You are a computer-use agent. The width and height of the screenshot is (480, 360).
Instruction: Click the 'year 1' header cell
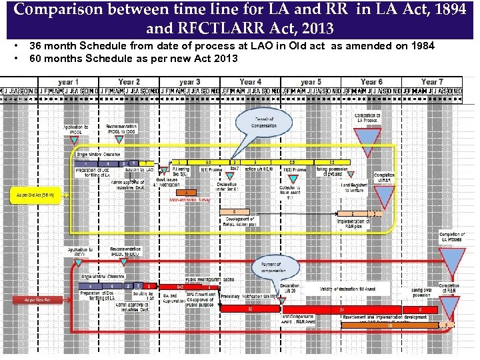tap(65, 81)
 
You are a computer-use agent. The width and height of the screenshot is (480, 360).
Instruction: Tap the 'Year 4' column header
tap(250, 81)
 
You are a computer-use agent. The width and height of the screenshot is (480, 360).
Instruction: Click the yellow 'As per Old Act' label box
tap(35, 195)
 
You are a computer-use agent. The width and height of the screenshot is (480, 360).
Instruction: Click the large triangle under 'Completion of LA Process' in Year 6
tap(367, 141)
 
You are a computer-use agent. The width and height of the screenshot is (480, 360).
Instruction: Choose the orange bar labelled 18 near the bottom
tap(390, 325)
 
